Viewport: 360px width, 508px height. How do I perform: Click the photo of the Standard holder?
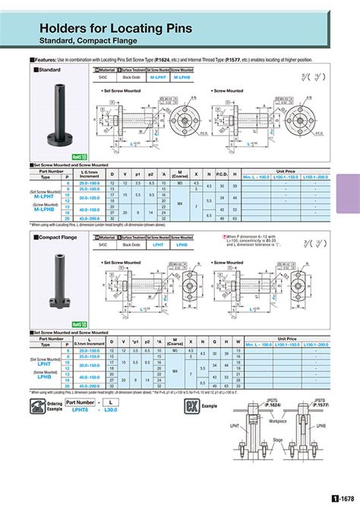point(60,111)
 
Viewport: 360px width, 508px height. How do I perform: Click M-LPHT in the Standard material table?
point(158,77)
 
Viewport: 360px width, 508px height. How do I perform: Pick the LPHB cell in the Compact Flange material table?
point(182,245)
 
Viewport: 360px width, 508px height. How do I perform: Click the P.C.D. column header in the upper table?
point(223,174)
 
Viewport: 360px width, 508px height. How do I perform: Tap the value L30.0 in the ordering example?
point(111,410)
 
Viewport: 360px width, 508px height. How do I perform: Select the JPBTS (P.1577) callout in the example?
point(311,403)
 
